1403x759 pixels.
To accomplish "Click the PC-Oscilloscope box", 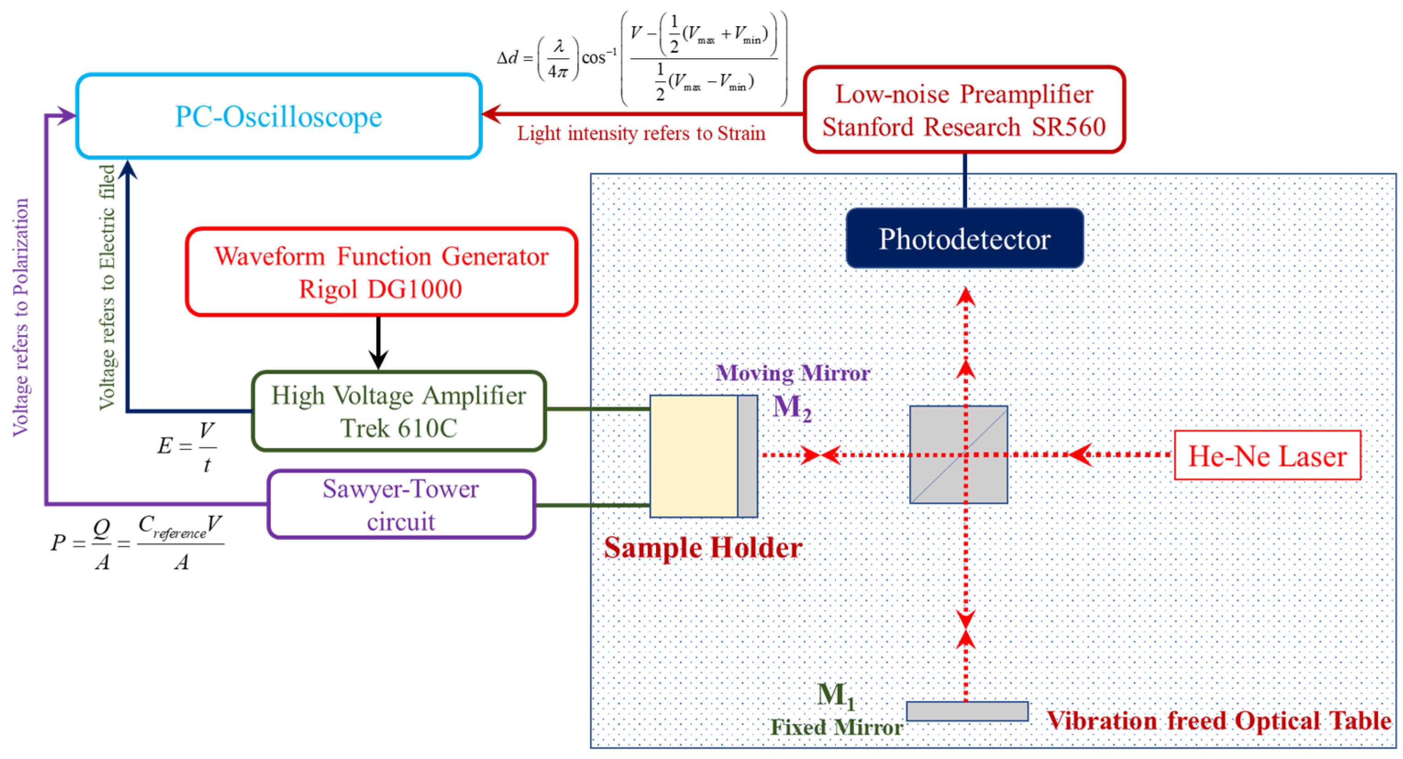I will pyautogui.click(x=278, y=116).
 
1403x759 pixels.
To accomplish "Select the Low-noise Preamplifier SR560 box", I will pyautogui.click(x=964, y=110).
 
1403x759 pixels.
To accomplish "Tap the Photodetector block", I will pyautogui.click(x=965, y=238).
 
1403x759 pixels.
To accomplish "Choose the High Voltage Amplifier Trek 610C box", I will pyautogui.click(x=399, y=411).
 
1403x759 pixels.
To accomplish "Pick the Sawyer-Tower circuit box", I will pyautogui.click(x=401, y=504).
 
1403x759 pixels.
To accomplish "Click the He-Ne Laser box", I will pyautogui.click(x=1267, y=455).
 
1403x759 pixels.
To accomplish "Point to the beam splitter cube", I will pyautogui.click(x=959, y=454).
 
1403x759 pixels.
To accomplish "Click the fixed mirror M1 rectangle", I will pyautogui.click(x=967, y=711).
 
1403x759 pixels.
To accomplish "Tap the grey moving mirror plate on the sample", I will pyautogui.click(x=747, y=456).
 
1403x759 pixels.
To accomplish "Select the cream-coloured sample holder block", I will pyautogui.click(x=694, y=456).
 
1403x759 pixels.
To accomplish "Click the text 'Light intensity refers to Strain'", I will pyautogui.click(x=641, y=133).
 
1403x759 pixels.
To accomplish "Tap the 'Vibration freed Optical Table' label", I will pyautogui.click(x=1219, y=720).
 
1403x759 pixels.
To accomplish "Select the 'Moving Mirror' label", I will pyautogui.click(x=792, y=373).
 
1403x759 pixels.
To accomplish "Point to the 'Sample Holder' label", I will pyautogui.click(x=702, y=548).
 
